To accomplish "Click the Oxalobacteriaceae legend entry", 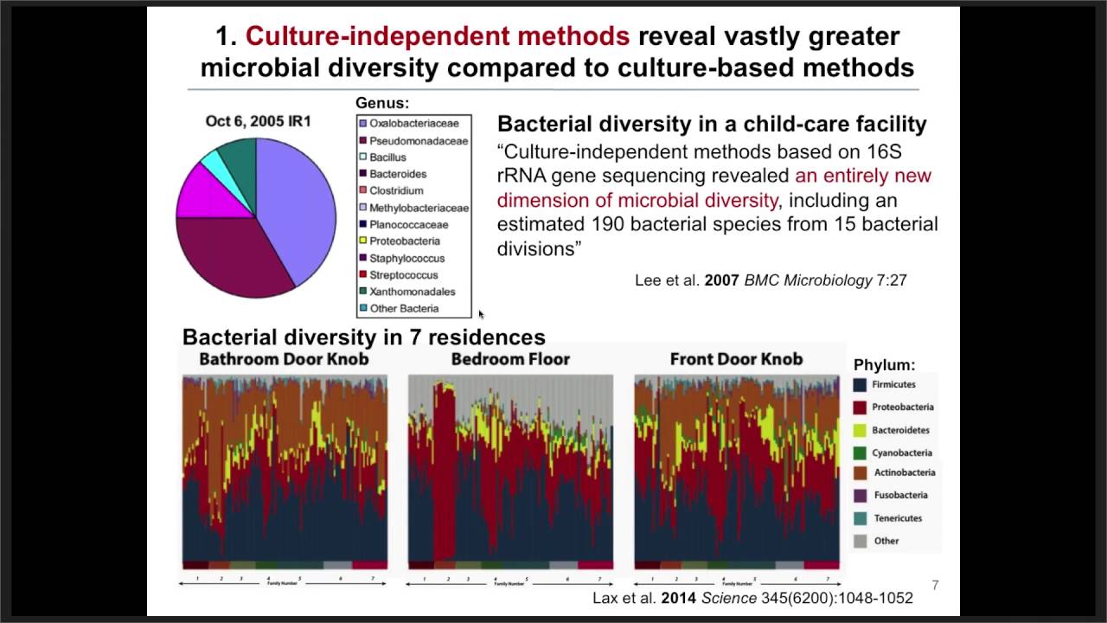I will coord(413,124).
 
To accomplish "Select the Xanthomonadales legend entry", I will coord(412,292).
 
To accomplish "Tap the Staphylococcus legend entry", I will coord(406,258).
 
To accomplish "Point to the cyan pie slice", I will coord(210,160).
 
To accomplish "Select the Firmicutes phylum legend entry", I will coord(893,384).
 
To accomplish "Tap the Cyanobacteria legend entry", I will coord(901,453).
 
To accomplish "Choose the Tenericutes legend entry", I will coord(897,518).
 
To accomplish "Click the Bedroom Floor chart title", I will coord(510,359).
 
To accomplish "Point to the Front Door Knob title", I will coord(736,359).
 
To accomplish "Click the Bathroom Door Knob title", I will coord(284,359).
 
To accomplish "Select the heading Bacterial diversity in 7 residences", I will coord(363,337).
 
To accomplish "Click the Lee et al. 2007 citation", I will coord(771,280).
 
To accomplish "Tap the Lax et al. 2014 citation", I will coord(752,598).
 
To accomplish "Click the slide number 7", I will coord(935,586).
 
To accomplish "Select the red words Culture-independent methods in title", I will coord(437,35).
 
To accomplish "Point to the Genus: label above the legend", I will coord(382,103).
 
